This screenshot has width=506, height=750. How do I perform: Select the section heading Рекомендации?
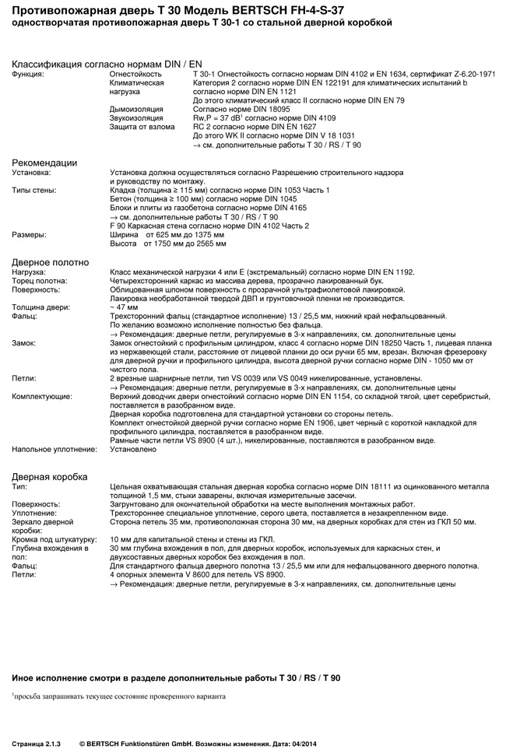[x=44, y=163]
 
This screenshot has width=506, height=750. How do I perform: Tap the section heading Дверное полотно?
[x=51, y=262]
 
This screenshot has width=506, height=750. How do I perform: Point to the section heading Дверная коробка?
[x=50, y=476]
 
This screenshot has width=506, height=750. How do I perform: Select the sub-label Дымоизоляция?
[x=137, y=109]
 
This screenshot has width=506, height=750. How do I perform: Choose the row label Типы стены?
[x=34, y=191]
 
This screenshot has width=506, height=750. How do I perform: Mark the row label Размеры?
[x=29, y=235]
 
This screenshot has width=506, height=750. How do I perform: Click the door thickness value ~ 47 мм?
[x=125, y=307]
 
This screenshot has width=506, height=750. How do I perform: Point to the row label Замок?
[x=24, y=343]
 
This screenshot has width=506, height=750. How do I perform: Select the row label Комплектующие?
[x=42, y=396]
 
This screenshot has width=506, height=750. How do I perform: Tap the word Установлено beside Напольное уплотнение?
[x=134, y=449]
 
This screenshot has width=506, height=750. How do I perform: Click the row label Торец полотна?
[x=40, y=281]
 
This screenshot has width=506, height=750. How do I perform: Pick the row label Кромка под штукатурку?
[x=54, y=538]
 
